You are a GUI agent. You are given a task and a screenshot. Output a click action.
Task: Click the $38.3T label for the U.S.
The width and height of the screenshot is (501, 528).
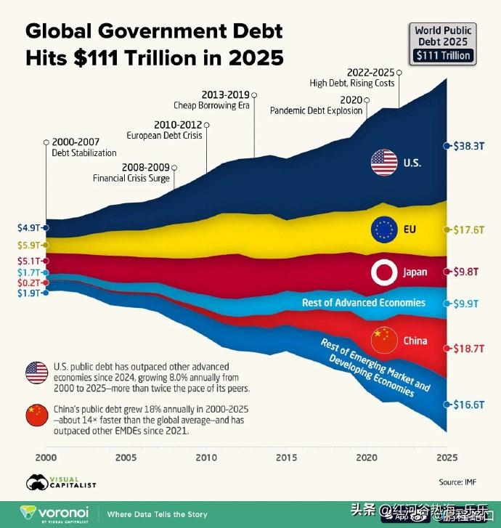click(x=469, y=146)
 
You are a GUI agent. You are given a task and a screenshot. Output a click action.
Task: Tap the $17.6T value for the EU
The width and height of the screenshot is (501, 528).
click(x=469, y=230)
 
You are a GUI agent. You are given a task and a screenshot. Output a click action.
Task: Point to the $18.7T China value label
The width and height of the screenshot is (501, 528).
click(x=469, y=349)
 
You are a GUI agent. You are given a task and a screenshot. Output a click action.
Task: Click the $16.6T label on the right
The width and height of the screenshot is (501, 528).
click(x=469, y=405)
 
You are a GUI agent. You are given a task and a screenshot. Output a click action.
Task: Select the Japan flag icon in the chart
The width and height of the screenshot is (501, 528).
click(x=382, y=272)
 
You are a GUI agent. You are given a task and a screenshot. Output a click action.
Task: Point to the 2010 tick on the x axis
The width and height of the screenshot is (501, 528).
click(x=206, y=458)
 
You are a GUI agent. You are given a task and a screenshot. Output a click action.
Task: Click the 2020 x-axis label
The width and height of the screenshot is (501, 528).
click(x=367, y=458)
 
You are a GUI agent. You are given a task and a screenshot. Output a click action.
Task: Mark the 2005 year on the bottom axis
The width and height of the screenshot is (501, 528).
click(x=126, y=458)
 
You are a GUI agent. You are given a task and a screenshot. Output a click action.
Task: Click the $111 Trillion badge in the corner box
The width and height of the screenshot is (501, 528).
click(x=443, y=55)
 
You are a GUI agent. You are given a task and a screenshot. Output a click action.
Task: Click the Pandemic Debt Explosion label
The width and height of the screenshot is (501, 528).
click(x=316, y=111)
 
